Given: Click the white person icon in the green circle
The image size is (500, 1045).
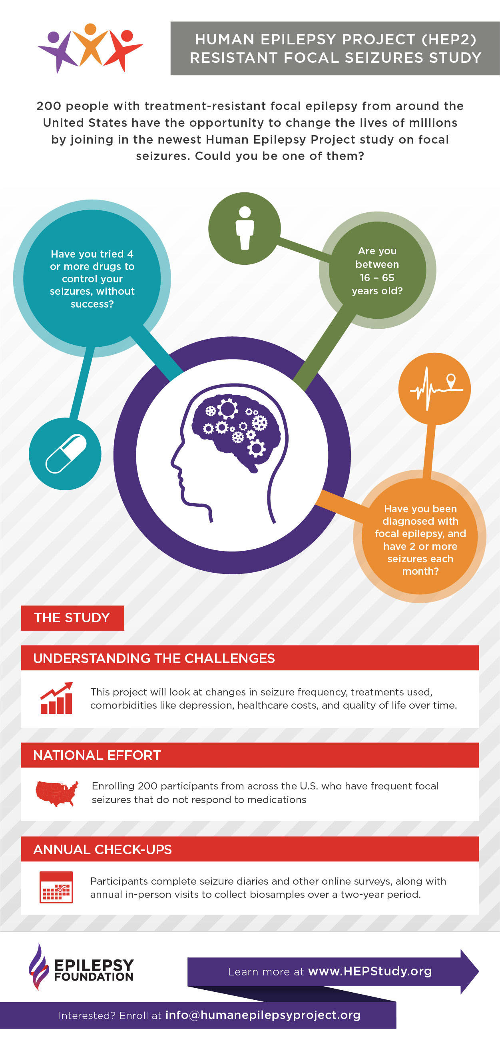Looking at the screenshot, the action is point(245,228).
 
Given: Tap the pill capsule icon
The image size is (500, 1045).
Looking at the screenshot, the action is point(66,454).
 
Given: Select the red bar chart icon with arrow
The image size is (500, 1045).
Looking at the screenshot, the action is point(56,698).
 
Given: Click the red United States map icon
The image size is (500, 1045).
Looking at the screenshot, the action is point(57,793).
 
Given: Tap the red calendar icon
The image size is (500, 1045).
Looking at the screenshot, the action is point(56,887).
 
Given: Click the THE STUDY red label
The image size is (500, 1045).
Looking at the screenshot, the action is point(72,618).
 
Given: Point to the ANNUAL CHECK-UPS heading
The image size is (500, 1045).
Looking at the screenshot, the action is point(103,849).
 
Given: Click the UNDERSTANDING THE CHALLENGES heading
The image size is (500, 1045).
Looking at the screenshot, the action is point(154,658).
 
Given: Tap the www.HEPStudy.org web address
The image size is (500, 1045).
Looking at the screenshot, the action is point(370,971).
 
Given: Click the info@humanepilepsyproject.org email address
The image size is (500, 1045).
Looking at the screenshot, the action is point(263,1015).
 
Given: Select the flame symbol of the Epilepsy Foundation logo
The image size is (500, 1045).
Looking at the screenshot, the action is point(38,966).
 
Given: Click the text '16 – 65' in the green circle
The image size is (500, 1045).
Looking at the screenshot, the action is point(377,278).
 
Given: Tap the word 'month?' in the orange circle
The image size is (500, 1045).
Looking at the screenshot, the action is point(420,571).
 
